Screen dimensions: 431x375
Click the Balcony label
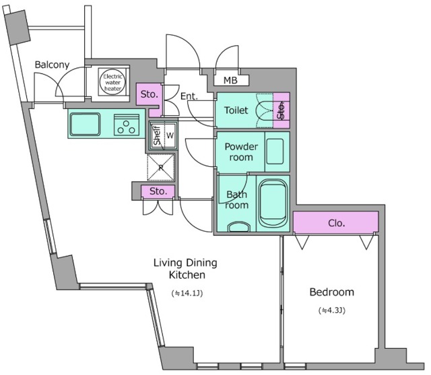52,65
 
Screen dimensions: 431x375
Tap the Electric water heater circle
112,82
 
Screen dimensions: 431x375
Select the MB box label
230,80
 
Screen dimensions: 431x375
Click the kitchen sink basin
85,124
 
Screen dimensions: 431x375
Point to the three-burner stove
127,125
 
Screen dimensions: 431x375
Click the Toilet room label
236,110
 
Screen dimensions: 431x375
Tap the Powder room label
241,151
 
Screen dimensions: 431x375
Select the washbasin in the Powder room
275,151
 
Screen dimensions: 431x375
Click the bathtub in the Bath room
273,203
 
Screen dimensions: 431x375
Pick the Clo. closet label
337,223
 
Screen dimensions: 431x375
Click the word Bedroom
332,292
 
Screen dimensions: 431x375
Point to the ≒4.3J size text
332,310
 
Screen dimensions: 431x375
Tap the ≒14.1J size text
187,293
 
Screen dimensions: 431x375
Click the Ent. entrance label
189,96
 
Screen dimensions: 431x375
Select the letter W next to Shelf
170,135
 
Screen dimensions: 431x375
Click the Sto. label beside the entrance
150,94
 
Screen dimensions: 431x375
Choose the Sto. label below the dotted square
158,191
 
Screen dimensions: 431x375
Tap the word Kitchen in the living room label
187,275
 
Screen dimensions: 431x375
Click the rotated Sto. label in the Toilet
281,111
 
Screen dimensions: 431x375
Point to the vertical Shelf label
157,135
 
